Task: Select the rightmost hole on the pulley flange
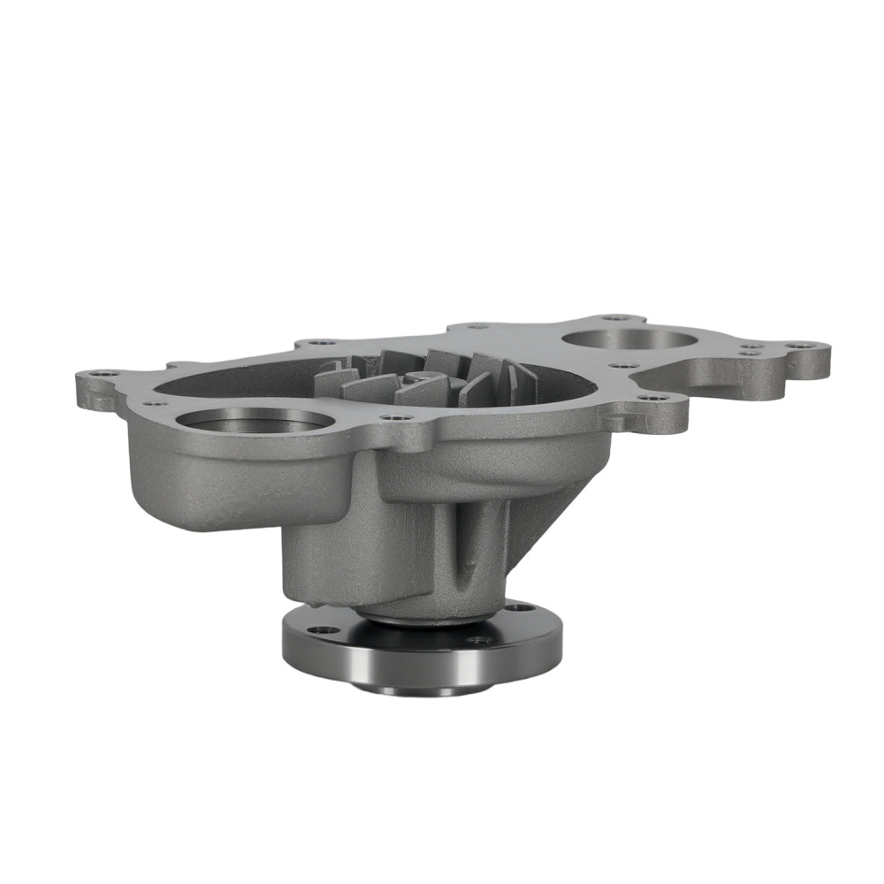pos(518,607)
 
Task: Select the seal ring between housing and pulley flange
pos(407,616)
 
